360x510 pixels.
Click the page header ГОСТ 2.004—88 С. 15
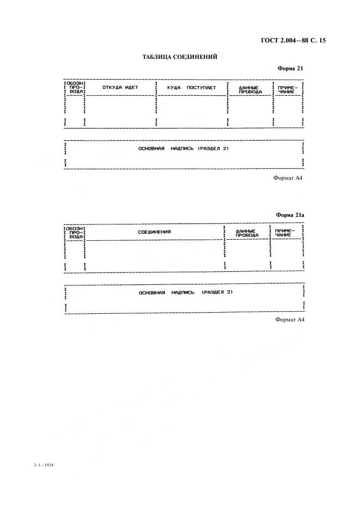click(x=293, y=40)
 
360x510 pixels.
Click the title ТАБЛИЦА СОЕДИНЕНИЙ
click(x=180, y=57)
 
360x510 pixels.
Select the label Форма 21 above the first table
click(x=290, y=68)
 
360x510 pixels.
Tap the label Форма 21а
click(x=290, y=215)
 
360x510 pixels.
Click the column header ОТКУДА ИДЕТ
click(x=120, y=87)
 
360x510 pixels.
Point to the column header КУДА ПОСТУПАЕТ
click(x=192, y=88)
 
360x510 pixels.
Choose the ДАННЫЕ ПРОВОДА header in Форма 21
click(x=250, y=90)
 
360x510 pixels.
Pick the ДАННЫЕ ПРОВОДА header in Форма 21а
click(x=247, y=233)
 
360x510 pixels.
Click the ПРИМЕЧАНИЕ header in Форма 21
click(x=286, y=90)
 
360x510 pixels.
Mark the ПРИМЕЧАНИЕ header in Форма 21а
click(x=283, y=233)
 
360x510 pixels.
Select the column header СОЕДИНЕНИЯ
click(x=154, y=232)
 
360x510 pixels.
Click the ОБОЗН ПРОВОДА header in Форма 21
click(x=75, y=88)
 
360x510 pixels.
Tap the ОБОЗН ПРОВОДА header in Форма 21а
click(x=75, y=233)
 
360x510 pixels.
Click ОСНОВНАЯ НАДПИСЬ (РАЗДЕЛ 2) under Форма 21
click(x=184, y=149)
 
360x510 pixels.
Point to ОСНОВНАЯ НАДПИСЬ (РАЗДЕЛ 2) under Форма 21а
click(x=186, y=293)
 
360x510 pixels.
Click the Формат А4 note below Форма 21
click(x=288, y=178)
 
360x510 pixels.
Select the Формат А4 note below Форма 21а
click(x=290, y=319)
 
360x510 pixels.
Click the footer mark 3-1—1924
click(x=43, y=465)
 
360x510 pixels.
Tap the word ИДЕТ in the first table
click(x=132, y=87)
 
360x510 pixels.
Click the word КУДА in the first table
click(x=174, y=88)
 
